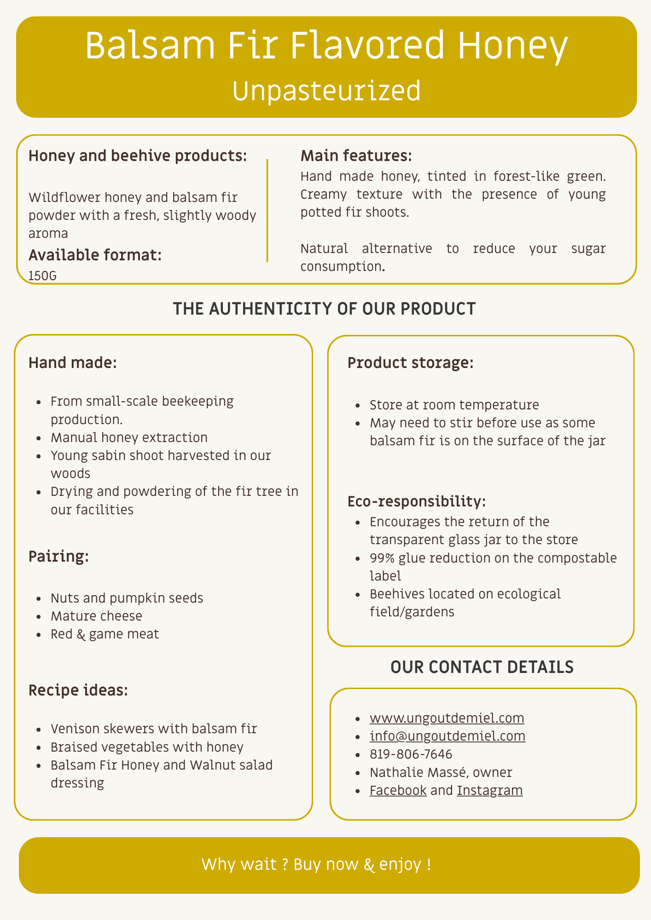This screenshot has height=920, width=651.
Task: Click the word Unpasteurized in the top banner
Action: [x=326, y=91]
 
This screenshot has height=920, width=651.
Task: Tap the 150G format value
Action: [x=42, y=276]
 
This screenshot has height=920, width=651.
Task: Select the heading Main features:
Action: [x=356, y=156]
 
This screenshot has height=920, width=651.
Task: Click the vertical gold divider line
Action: [x=267, y=211]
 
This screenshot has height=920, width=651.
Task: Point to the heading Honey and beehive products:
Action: [x=138, y=156]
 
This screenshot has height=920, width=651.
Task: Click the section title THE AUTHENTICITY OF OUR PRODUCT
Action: [x=324, y=309]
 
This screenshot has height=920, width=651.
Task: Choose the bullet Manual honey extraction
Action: [x=129, y=437]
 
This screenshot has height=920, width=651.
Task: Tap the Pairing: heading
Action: [x=58, y=557]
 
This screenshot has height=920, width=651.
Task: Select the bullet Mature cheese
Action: [x=96, y=616]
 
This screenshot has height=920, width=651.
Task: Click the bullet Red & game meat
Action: [x=105, y=634]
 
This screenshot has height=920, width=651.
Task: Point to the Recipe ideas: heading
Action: [x=78, y=690]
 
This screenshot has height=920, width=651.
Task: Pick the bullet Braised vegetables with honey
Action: [x=147, y=747]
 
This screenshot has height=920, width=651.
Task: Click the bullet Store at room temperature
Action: [x=454, y=405]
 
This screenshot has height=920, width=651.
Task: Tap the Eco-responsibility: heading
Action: [x=416, y=501]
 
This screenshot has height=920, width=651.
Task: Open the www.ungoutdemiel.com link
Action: [x=447, y=718]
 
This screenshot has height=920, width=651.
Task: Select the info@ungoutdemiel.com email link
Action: [x=447, y=736]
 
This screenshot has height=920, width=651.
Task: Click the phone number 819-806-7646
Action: [x=411, y=754]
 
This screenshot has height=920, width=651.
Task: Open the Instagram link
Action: [x=489, y=790]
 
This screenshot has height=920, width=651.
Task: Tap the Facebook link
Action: [x=398, y=790]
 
